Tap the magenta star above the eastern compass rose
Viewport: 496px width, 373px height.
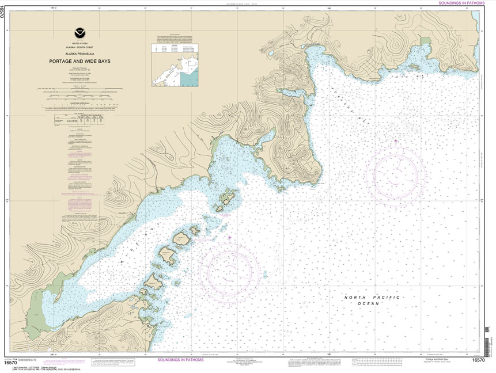coord(395,139)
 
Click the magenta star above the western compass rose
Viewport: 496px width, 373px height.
coord(229,237)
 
